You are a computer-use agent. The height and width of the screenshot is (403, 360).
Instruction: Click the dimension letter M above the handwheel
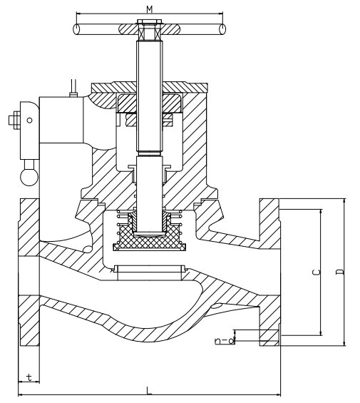150,9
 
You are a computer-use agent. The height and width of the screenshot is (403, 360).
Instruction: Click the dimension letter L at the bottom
149,390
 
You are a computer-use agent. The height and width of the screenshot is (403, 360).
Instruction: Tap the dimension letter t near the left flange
29,377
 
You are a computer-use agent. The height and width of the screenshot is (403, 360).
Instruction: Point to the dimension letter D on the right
341,272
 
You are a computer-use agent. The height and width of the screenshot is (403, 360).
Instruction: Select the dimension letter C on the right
317,272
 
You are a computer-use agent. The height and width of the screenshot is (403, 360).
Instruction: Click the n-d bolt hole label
225,340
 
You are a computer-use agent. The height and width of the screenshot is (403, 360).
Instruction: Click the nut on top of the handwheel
149,21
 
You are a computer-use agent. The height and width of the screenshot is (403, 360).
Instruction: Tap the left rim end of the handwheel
76,29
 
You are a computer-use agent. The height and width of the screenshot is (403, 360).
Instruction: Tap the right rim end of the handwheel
222,29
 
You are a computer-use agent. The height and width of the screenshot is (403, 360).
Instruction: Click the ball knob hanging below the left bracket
29,176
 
